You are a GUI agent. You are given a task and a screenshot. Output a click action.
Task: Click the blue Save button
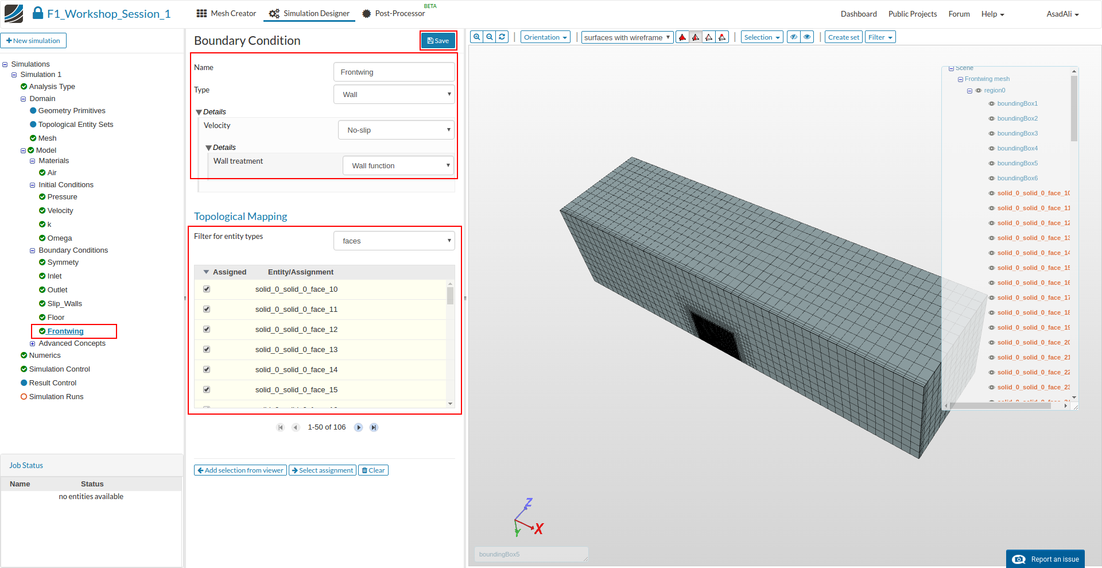tap(438, 41)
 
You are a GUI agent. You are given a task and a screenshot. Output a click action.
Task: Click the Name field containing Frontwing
tap(394, 72)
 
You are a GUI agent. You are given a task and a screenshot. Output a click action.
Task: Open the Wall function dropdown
tap(398, 165)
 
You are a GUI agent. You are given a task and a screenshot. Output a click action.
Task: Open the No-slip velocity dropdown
tap(396, 130)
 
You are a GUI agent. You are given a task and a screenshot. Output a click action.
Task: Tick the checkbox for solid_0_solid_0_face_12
tap(207, 329)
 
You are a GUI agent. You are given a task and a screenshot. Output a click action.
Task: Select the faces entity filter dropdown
tap(394, 241)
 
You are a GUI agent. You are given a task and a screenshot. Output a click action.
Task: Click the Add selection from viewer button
tap(240, 470)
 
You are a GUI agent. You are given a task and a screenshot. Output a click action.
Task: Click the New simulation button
tap(34, 41)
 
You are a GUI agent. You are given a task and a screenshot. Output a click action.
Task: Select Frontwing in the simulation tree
tap(65, 331)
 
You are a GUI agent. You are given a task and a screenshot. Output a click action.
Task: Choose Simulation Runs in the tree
tap(56, 397)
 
